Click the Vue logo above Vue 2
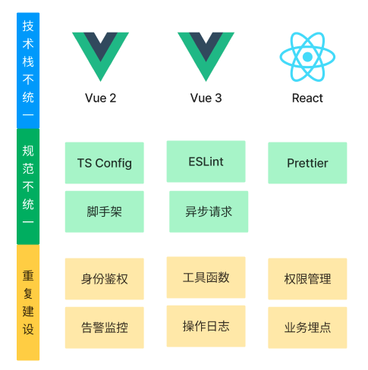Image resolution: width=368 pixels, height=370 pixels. (x=100, y=51)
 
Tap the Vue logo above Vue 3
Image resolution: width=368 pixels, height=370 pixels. (x=206, y=51)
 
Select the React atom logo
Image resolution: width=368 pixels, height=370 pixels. (x=307, y=57)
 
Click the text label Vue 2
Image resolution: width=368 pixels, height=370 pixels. (x=100, y=98)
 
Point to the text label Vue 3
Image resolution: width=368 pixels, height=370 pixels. (x=206, y=98)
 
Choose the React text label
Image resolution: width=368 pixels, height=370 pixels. (x=307, y=98)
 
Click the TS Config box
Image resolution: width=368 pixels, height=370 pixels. (x=105, y=163)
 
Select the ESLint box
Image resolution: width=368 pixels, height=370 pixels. (x=206, y=161)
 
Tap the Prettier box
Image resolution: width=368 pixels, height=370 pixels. (x=307, y=163)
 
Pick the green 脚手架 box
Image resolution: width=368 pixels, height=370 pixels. (x=105, y=212)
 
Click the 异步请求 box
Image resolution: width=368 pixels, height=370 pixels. (x=209, y=212)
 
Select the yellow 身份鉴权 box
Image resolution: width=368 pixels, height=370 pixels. (x=105, y=279)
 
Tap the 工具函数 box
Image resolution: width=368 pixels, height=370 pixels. (x=206, y=277)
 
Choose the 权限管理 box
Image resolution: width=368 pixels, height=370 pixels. (x=307, y=279)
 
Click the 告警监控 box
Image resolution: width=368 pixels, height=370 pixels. (x=105, y=328)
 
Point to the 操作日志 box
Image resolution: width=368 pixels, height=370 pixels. (x=206, y=326)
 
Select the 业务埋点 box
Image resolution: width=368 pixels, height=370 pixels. (x=307, y=328)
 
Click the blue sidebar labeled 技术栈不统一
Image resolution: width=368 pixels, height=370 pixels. (x=28, y=71)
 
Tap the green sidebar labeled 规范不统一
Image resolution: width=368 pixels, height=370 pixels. (x=28, y=187)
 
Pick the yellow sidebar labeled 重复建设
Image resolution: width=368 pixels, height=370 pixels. (x=28, y=303)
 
